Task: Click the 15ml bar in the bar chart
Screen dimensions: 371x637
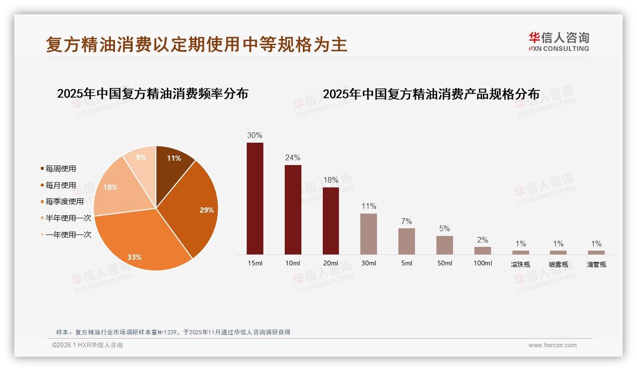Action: click(255, 198)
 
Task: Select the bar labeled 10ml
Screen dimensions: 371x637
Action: click(293, 209)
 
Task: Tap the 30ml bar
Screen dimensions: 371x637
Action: click(368, 234)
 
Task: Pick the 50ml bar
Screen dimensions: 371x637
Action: click(444, 245)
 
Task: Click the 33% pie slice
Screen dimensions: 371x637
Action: click(143, 243)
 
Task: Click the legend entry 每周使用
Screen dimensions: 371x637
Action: click(60, 169)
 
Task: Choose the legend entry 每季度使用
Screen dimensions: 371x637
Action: click(64, 202)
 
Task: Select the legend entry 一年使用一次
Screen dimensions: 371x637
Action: click(68, 234)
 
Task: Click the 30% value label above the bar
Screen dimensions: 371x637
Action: click(255, 135)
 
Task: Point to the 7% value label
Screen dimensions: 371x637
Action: click(406, 222)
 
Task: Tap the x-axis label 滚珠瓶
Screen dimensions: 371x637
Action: click(521, 264)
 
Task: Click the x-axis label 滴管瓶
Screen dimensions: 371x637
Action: click(596, 264)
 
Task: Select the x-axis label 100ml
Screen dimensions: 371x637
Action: click(483, 264)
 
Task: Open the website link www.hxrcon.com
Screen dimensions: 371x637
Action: click(552, 345)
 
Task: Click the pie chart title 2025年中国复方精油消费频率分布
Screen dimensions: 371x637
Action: click(153, 94)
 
